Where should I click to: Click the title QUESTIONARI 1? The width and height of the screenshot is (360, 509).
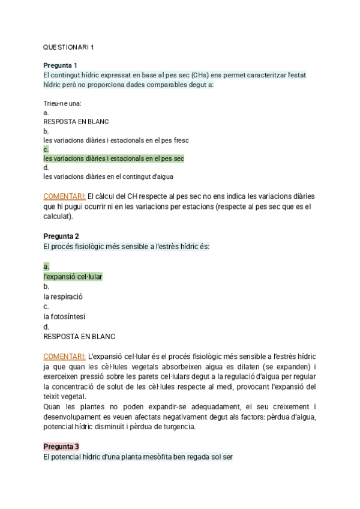coord(68,47)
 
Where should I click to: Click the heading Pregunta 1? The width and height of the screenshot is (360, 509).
coord(61,65)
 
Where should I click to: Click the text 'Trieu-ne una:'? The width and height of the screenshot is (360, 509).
coord(62,103)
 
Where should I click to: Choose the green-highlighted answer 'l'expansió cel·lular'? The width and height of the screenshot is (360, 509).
coord(73,277)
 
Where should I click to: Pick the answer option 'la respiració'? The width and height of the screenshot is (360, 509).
coord(63,297)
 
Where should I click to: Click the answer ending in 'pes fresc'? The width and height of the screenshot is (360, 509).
coord(116,140)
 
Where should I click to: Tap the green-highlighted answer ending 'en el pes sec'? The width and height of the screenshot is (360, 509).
coord(114,158)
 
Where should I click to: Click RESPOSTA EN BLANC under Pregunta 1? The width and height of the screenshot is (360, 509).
coord(76,121)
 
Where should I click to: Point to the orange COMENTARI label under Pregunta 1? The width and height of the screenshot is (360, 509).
coord(65,196)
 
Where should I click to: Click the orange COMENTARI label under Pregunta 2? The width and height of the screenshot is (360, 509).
coord(65,356)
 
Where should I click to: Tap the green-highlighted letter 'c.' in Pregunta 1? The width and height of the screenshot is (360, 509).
coord(46,149)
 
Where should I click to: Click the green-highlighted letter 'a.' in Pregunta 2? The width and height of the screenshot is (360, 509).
coord(46,266)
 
